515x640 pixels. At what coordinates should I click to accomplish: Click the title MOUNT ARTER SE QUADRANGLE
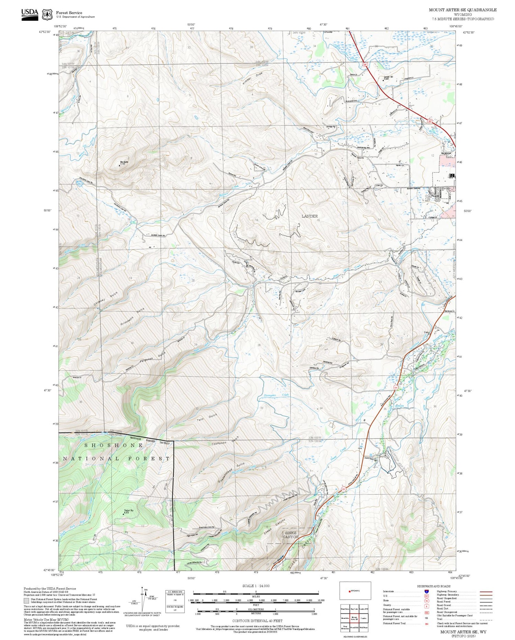click(462, 10)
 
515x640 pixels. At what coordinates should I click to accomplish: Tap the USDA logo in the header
click(30, 14)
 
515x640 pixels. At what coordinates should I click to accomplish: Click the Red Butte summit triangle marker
click(119, 165)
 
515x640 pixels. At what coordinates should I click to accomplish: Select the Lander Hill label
click(388, 77)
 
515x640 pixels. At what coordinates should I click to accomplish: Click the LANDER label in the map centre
click(309, 216)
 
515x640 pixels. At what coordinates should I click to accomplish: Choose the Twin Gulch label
click(207, 418)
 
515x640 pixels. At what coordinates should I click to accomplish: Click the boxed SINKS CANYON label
click(290, 535)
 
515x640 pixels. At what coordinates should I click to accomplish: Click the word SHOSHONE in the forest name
click(114, 445)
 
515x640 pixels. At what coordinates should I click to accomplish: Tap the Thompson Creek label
click(276, 396)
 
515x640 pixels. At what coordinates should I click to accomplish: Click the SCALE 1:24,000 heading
click(256, 586)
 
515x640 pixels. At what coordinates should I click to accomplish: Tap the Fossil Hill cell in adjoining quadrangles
click(354, 628)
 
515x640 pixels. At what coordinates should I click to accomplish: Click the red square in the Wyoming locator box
click(349, 591)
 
